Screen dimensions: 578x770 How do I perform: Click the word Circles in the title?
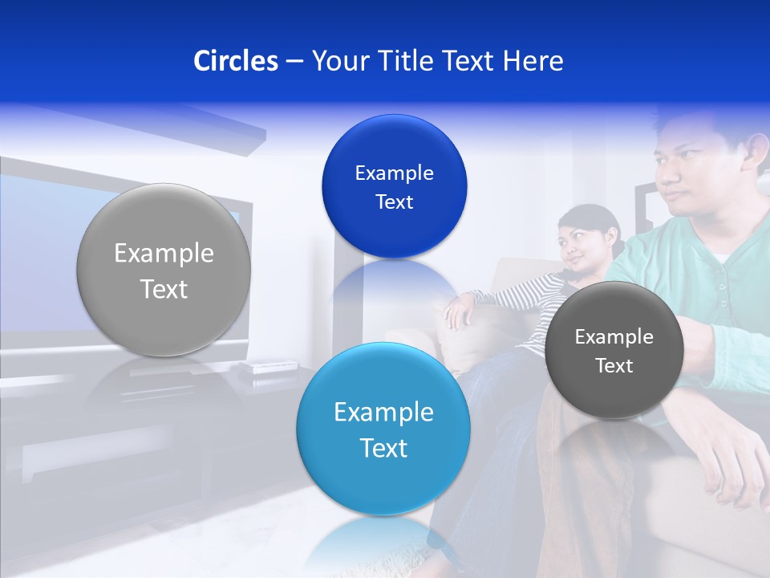(x=235, y=61)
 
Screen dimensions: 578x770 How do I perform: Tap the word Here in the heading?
(x=533, y=61)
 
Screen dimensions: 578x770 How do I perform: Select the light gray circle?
(x=164, y=270)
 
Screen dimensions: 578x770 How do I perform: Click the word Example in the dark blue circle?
(x=394, y=173)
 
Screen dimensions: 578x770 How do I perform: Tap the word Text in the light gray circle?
(x=164, y=289)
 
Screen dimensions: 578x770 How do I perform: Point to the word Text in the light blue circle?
(x=383, y=448)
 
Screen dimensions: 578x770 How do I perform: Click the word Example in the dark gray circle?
(x=614, y=337)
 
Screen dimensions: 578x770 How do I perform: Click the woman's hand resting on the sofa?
(x=457, y=311)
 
